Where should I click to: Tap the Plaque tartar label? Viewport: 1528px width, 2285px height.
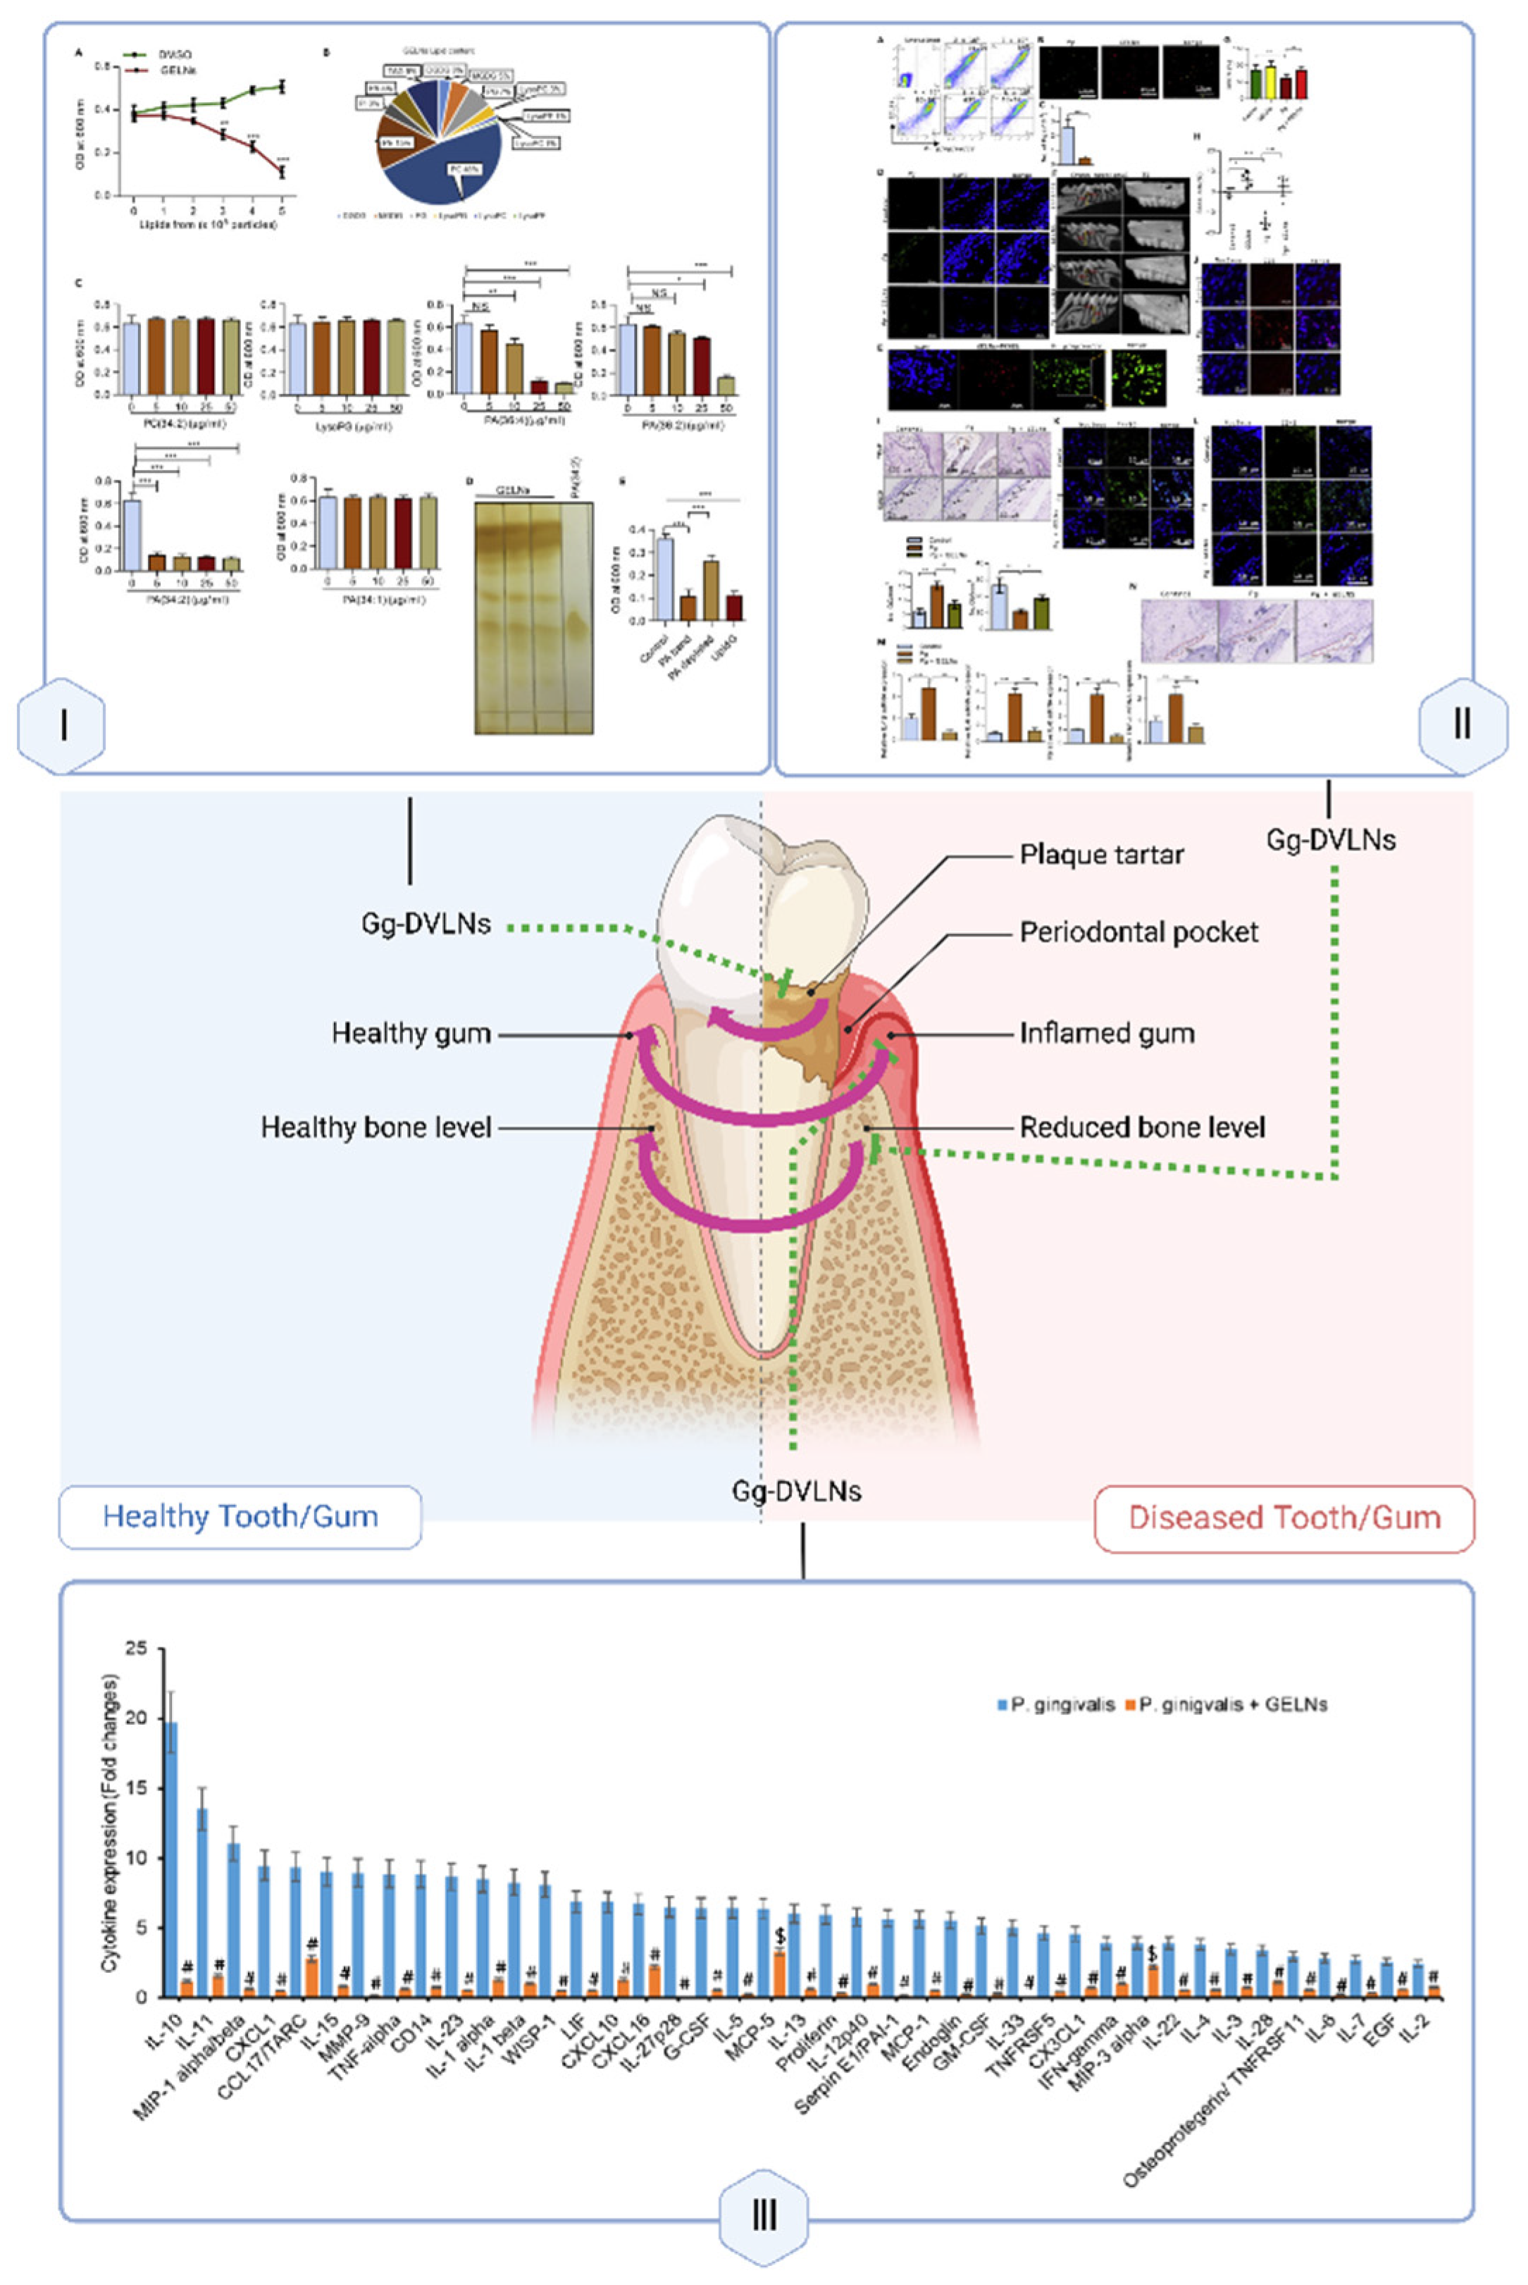click(1101, 855)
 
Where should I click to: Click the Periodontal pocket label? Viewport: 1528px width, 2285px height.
click(1138, 932)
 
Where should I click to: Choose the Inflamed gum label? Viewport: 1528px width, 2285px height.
click(1106, 1033)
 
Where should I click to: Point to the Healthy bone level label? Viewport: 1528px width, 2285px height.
click(376, 1127)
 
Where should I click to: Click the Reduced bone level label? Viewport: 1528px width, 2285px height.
click(1142, 1127)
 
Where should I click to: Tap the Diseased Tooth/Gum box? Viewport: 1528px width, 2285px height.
click(1284, 1517)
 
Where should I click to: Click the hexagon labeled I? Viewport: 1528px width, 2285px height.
click(63, 725)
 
